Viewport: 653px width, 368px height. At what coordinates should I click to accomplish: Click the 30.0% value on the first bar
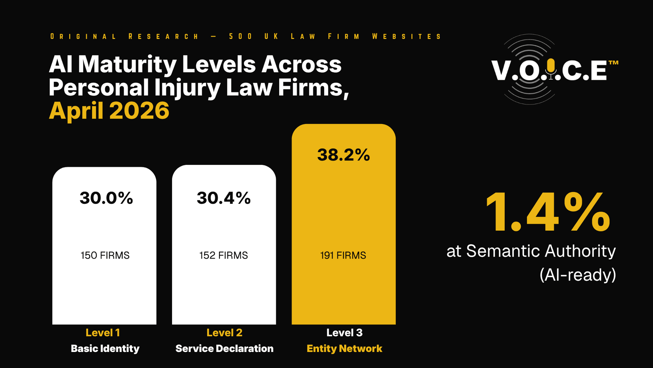tap(106, 198)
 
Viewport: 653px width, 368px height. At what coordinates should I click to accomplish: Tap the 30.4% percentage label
tap(223, 198)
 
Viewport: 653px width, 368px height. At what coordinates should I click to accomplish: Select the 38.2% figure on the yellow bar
tap(344, 155)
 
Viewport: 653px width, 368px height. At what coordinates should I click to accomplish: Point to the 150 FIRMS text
tap(105, 255)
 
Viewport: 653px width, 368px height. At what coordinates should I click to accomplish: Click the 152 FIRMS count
tap(223, 255)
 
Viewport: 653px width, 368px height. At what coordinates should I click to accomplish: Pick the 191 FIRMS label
tap(343, 255)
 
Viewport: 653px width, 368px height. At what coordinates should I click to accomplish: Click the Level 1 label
tap(103, 333)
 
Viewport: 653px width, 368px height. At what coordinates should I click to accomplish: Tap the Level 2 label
tap(224, 333)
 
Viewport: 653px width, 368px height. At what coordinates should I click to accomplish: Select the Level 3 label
tap(344, 333)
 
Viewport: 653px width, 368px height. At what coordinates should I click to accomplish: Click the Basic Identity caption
tap(105, 349)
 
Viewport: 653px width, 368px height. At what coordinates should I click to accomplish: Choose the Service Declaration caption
tap(224, 349)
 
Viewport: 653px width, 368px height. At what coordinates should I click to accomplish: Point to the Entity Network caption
tap(344, 349)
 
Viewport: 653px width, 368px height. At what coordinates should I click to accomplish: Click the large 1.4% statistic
tap(548, 212)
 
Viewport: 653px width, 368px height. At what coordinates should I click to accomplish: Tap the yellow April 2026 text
tap(109, 111)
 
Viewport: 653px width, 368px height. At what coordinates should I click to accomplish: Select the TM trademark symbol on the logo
tap(614, 63)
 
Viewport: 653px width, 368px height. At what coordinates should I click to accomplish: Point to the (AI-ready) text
tap(577, 275)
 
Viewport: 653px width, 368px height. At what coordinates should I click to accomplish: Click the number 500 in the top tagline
tap(240, 36)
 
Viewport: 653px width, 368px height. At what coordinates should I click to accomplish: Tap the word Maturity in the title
tap(127, 64)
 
